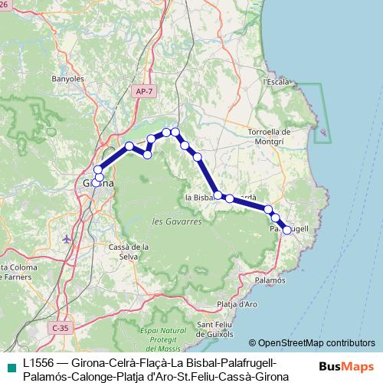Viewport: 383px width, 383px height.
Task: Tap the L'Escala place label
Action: (275, 80)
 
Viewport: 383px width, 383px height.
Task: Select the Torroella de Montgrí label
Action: (268, 136)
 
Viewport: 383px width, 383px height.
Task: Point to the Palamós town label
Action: (269, 281)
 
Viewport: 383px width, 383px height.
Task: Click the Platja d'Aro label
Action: (236, 305)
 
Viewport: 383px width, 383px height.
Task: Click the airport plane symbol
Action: (67, 238)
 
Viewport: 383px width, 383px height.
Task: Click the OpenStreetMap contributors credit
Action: (312, 343)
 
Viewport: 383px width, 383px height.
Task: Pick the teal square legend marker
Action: (9, 362)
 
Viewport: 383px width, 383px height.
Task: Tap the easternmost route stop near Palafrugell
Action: (287, 229)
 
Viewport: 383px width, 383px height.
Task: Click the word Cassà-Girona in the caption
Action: (254, 376)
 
